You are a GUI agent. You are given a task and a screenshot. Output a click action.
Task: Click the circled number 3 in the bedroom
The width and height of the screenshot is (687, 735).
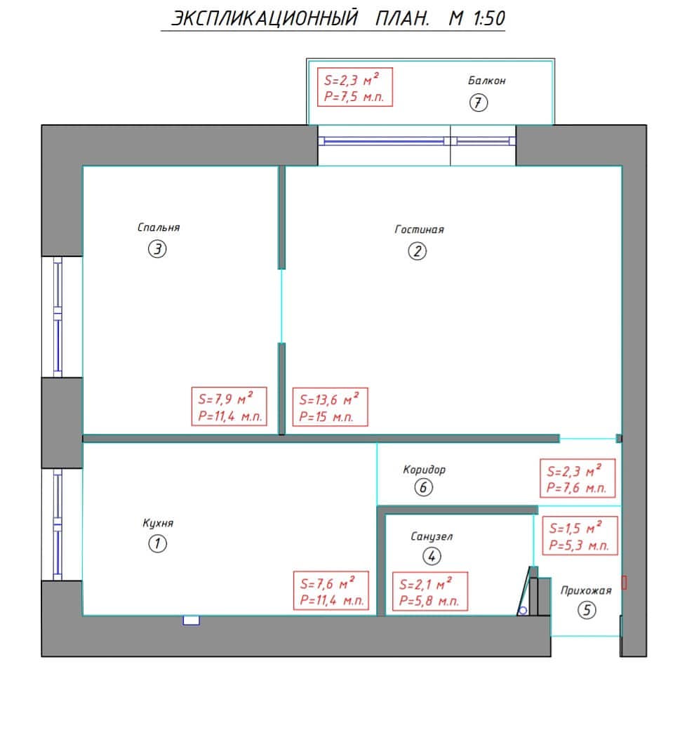tap(157, 249)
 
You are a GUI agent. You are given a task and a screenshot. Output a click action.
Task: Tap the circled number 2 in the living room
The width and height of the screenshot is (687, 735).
tap(417, 251)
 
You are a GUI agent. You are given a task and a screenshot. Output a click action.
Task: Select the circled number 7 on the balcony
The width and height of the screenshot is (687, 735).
tap(479, 102)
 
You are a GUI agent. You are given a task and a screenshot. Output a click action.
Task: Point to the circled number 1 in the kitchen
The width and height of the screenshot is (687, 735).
tap(157, 544)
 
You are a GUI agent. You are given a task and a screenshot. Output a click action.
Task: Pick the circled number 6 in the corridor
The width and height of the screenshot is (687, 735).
tap(424, 487)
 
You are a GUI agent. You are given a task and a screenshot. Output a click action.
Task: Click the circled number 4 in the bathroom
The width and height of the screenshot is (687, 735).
tap(432, 557)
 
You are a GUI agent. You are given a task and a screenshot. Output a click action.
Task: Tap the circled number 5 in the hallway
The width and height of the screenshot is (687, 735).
tap(587, 610)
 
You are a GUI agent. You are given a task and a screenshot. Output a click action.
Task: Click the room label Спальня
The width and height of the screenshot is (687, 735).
tap(159, 227)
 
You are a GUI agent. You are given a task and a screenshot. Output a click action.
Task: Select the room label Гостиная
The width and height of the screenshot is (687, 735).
tap(420, 230)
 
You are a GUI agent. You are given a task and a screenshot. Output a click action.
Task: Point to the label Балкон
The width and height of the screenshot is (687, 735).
tap(487, 81)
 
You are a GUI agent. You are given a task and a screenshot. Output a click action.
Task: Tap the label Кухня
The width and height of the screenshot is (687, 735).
tap(158, 523)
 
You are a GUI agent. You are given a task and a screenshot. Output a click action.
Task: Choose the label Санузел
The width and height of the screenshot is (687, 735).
tap(432, 536)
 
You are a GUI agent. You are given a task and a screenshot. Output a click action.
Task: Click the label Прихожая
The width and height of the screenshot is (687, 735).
tap(586, 590)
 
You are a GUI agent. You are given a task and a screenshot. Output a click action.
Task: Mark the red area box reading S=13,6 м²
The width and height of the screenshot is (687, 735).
tap(331, 407)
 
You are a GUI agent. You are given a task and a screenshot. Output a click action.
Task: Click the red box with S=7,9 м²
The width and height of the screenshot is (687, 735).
tap(229, 406)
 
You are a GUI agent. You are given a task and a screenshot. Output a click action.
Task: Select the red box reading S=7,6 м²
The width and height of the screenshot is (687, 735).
tap(331, 590)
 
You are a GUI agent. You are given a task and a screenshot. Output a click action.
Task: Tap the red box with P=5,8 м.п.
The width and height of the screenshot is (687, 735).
tap(429, 591)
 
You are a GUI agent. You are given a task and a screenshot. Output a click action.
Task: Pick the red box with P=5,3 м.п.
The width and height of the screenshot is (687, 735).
tap(580, 536)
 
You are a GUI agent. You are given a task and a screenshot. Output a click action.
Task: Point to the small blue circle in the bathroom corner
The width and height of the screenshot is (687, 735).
tap(523, 610)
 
